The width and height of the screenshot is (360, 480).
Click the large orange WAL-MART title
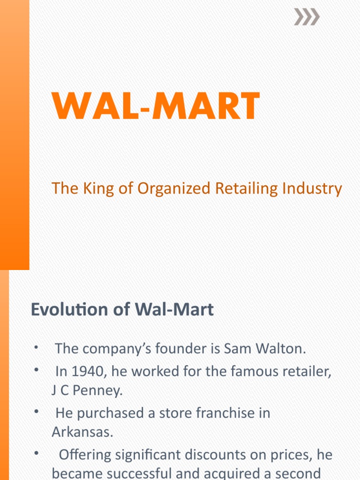(x=156, y=107)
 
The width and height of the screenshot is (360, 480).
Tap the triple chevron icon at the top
(x=307, y=18)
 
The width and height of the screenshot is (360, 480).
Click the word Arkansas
(x=82, y=432)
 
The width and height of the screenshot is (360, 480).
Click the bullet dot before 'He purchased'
(x=36, y=412)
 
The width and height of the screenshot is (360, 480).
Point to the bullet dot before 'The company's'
(x=36, y=347)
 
